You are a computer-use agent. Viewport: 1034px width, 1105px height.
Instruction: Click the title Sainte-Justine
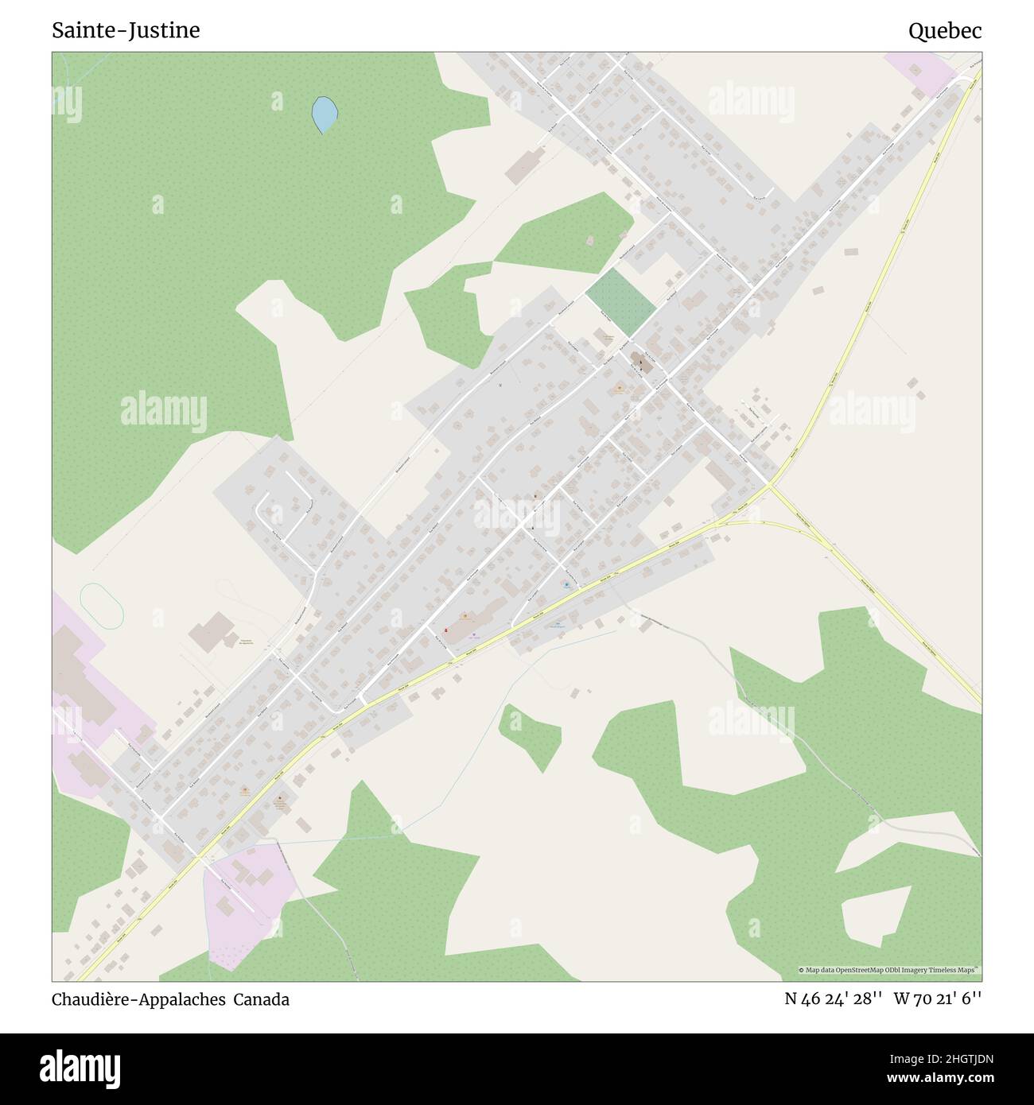tap(126, 30)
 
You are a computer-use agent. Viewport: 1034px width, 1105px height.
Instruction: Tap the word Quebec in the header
tap(945, 31)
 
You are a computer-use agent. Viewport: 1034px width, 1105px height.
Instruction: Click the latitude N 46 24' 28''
tap(833, 999)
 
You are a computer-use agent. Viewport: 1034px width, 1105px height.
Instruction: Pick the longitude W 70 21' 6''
tap(938, 999)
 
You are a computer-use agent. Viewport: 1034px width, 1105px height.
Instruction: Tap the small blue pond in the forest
tap(324, 114)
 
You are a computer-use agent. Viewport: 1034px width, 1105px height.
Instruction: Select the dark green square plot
tap(621, 301)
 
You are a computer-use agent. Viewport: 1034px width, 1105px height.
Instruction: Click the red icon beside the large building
tap(445, 630)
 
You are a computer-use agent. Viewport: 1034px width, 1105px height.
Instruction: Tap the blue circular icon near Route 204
tap(566, 584)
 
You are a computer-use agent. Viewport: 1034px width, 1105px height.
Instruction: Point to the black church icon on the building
tap(641, 363)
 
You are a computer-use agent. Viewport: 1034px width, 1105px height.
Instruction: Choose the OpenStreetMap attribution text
tap(889, 971)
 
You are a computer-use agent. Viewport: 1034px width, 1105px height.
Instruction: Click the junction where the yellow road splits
tap(772, 486)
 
